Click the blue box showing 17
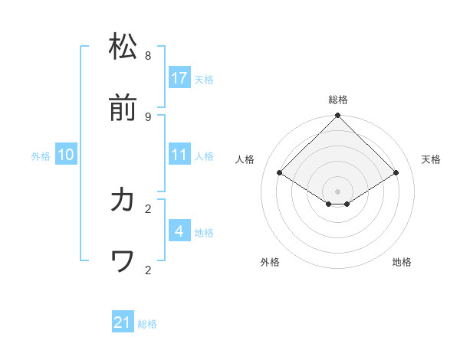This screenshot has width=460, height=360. tap(179, 78)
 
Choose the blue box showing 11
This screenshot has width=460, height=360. tap(179, 155)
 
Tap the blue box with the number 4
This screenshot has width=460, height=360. tap(179, 231)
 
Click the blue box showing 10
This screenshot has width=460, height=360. tap(66, 155)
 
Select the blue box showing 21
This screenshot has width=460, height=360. tap(123, 323)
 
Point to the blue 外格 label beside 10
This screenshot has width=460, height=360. tap(41, 156)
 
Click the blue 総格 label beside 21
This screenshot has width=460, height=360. tap(147, 325)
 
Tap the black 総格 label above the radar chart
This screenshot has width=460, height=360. tap(338, 100)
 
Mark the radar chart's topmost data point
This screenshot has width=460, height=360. tap(338, 116)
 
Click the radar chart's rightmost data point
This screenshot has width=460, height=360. tap(396, 173)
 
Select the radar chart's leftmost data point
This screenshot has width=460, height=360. tap(280, 173)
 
